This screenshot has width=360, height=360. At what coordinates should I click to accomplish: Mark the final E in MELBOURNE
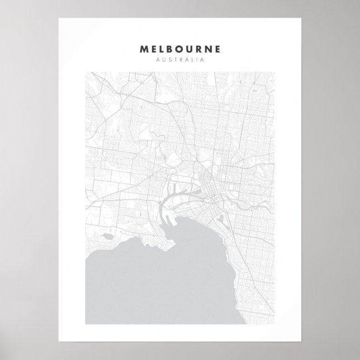pyautogui.click(x=219, y=49)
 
